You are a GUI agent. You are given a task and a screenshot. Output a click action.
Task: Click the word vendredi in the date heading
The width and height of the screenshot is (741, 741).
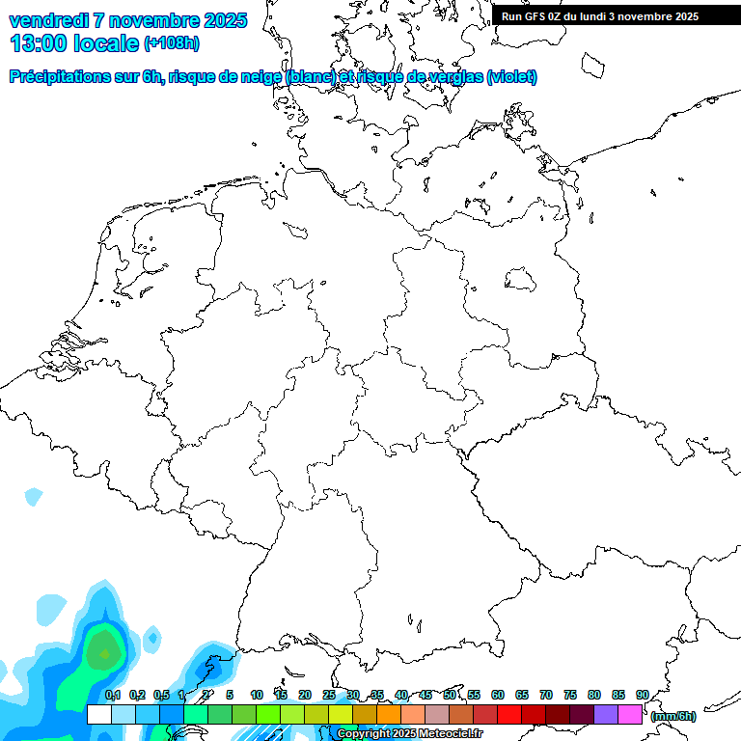click(x=49, y=20)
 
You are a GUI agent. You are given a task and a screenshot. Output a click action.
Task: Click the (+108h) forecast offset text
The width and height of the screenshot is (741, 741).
click(x=172, y=43)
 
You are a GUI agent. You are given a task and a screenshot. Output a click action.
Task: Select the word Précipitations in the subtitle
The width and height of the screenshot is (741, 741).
click(x=62, y=77)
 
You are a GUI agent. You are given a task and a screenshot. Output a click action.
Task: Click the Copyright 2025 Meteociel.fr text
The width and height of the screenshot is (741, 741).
click(x=409, y=733)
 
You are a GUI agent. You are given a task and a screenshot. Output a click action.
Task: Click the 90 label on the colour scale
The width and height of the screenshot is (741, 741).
click(x=642, y=695)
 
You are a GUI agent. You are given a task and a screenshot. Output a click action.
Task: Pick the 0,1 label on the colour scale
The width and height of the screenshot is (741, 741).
click(x=113, y=695)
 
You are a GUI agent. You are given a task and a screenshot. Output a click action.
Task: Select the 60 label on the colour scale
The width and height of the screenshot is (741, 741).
click(x=498, y=695)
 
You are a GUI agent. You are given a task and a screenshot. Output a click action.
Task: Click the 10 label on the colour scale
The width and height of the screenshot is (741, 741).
click(x=257, y=695)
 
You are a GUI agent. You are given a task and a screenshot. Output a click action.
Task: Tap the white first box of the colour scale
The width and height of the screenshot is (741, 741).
click(x=98, y=714)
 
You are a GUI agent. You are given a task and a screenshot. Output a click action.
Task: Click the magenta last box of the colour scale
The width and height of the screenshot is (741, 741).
click(x=630, y=714)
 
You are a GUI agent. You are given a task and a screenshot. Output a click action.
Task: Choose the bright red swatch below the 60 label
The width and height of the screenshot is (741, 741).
click(x=509, y=714)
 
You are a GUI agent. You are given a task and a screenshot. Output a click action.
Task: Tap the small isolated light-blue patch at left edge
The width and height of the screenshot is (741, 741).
click(x=34, y=497)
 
